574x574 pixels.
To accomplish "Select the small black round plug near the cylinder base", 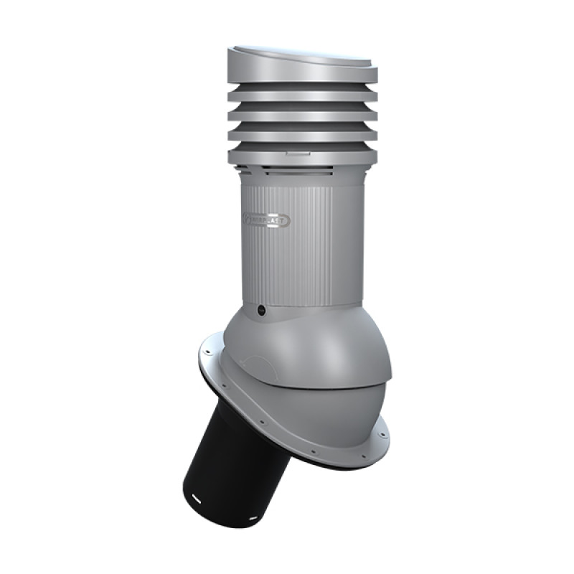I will coord(262,311).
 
